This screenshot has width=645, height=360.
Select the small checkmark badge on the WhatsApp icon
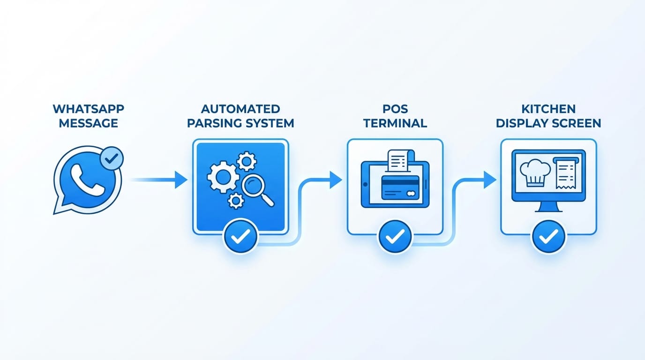click(x=112, y=159)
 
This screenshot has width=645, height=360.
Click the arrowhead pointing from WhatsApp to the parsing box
click(x=181, y=180)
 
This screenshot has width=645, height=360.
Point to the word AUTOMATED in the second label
click(x=240, y=109)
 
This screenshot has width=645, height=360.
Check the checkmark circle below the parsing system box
click(x=240, y=237)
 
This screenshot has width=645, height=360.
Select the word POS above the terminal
click(x=395, y=109)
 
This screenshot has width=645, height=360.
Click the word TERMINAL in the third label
click(x=395, y=124)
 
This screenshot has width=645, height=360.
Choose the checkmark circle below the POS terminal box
click(x=395, y=237)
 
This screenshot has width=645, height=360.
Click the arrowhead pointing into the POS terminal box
click(x=336, y=180)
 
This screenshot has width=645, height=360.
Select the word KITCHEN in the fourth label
click(x=548, y=109)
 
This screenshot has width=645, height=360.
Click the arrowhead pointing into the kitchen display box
click(x=490, y=180)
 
